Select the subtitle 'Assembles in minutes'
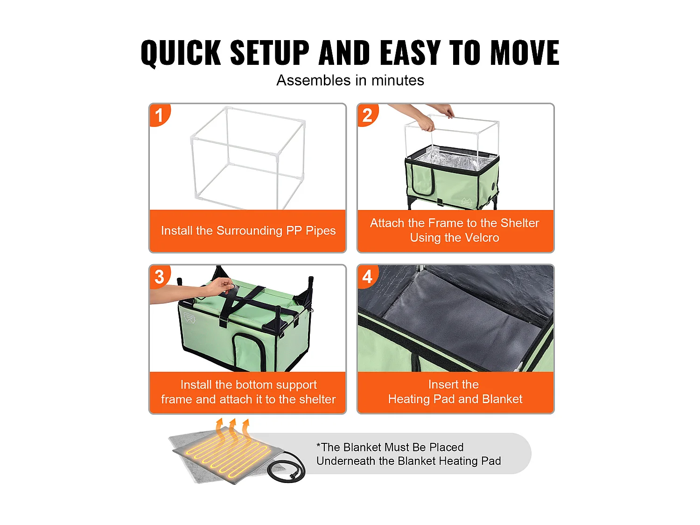click(350, 80)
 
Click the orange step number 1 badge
click(159, 115)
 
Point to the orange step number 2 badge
click(367, 115)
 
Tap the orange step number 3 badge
click(159, 277)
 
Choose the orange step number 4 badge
click(367, 277)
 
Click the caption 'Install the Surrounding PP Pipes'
click(248, 231)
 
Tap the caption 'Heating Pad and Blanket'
click(455, 399)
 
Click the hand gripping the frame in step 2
click(426, 124)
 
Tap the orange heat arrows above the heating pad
click(232, 427)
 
